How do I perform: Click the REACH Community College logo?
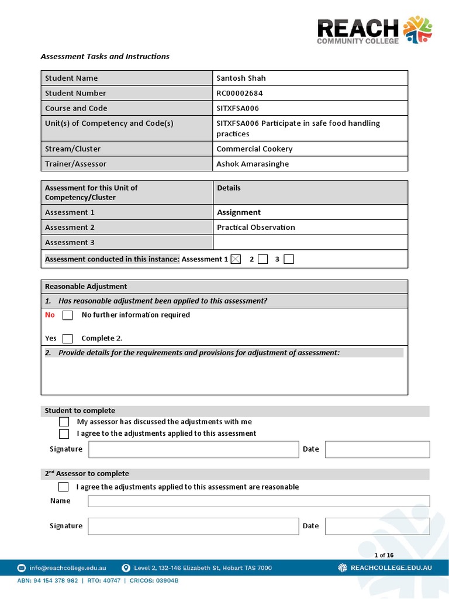[374, 30]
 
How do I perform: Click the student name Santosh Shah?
[241, 78]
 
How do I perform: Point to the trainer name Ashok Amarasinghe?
[253, 164]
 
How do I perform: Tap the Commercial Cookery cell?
[254, 149]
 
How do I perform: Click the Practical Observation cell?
[256, 228]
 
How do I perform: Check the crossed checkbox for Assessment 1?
[236, 260]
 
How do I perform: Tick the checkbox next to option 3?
[289, 260]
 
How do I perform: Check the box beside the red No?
[68, 315]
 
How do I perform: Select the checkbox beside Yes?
[68, 339]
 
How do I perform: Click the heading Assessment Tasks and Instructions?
[105, 57]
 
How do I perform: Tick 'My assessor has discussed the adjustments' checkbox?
[64, 422]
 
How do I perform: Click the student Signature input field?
[193, 449]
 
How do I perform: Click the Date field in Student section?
[377, 449]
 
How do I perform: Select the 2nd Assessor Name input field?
[258, 501]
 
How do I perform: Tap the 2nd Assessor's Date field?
[377, 526]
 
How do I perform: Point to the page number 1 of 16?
[384, 555]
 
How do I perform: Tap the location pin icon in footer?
[126, 568]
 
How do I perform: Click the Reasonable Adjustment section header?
[86, 287]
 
